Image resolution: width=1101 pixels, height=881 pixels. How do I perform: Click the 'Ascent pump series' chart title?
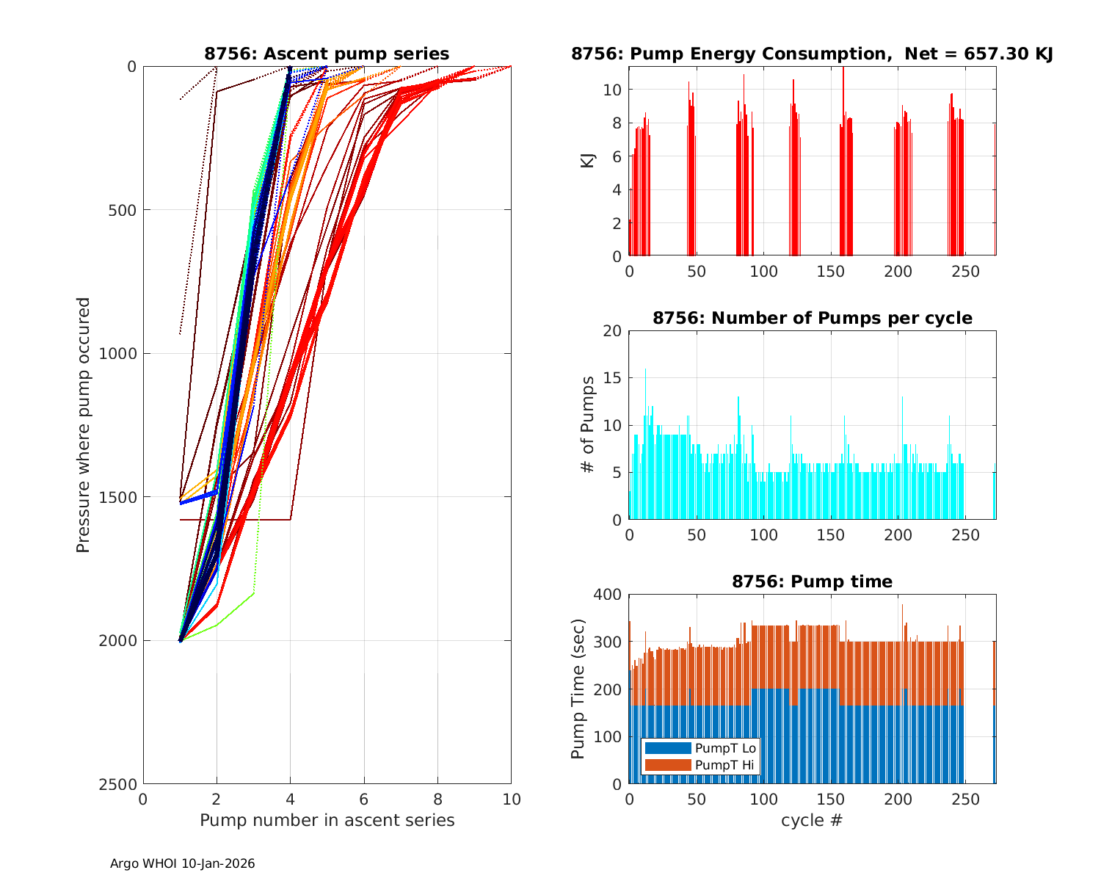(x=327, y=54)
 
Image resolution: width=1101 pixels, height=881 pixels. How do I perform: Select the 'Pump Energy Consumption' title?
(x=812, y=54)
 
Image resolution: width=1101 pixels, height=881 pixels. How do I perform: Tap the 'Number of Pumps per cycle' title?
(x=812, y=318)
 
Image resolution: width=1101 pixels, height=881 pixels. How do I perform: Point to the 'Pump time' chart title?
(x=812, y=581)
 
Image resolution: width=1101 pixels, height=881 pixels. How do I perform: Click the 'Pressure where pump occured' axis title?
(x=84, y=424)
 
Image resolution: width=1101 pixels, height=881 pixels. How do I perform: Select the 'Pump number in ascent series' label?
(x=327, y=820)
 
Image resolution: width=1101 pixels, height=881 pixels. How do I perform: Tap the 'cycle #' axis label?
(x=812, y=820)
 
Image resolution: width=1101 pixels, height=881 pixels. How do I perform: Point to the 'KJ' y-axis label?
(x=588, y=160)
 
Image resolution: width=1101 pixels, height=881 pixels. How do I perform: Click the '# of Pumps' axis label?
(x=588, y=424)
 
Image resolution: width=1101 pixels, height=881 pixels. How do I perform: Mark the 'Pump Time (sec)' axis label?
(x=579, y=689)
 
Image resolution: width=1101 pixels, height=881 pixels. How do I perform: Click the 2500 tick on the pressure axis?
(x=122, y=784)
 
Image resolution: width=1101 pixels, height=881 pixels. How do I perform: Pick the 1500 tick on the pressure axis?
(x=122, y=497)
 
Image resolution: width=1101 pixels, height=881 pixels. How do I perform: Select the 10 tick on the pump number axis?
(x=511, y=799)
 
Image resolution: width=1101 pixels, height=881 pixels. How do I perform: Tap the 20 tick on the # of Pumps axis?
(x=612, y=331)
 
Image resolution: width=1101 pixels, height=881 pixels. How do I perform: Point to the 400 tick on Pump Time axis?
(x=608, y=595)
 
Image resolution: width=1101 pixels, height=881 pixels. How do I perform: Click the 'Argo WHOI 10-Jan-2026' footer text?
(x=182, y=863)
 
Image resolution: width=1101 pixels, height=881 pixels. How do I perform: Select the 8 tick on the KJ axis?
(x=617, y=123)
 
